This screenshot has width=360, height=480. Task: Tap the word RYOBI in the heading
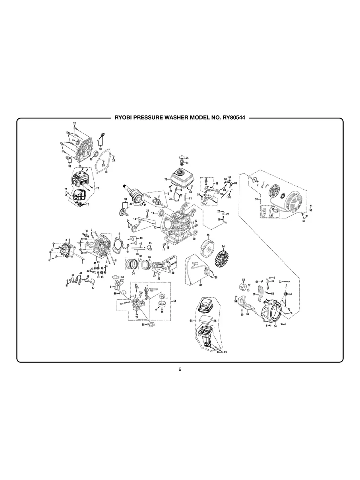click(124, 118)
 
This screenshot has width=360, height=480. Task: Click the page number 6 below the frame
click(180, 370)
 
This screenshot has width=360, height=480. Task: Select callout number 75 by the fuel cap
click(187, 158)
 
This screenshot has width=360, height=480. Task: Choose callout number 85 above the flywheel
click(208, 236)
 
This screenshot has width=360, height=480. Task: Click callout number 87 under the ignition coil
click(201, 285)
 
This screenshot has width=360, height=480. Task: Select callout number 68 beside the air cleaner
click(191, 320)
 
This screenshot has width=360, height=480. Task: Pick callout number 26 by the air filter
click(215, 320)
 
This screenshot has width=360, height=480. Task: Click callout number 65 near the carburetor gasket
click(143, 325)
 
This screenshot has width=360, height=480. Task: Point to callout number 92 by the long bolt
click(280, 281)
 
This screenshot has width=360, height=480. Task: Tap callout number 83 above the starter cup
click(243, 280)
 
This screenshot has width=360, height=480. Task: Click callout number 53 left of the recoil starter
click(256, 199)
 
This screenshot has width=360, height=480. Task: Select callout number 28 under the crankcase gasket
click(106, 172)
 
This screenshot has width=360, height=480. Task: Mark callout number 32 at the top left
click(74, 124)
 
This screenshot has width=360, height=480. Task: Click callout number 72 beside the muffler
click(97, 188)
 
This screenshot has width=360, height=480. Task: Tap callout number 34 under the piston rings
click(133, 273)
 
